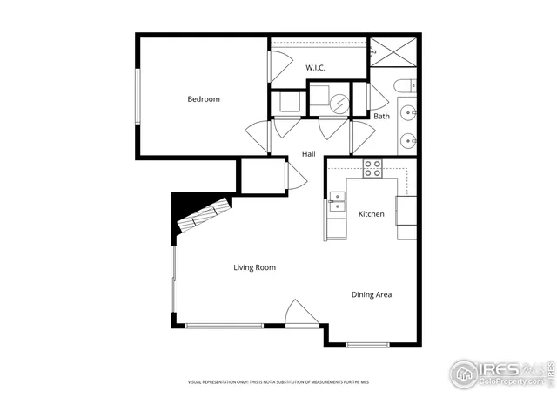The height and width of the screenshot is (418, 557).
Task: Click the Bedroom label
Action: [x=204, y=98]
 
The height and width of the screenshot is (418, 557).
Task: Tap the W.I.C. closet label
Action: [x=315, y=67]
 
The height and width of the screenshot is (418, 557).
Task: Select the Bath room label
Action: [x=382, y=116]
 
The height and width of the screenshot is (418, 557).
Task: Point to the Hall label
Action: [x=308, y=154]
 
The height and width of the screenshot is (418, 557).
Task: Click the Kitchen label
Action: [x=372, y=214]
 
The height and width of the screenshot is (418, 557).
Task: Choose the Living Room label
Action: [x=254, y=267]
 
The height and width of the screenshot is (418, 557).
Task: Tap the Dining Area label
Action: [x=372, y=294]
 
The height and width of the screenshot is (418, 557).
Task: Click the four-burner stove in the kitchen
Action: [x=372, y=168]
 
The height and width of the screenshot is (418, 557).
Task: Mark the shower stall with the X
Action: [x=394, y=53]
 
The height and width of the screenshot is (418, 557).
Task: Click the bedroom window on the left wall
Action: [x=137, y=96]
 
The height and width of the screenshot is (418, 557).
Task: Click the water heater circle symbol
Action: [x=340, y=103]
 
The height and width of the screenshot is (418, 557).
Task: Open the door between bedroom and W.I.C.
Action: [x=277, y=67]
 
